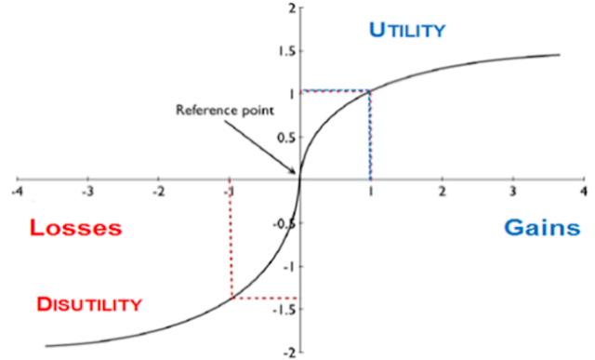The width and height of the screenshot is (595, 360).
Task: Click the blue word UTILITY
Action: point(407,30)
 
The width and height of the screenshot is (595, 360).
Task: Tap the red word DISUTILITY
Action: point(89,304)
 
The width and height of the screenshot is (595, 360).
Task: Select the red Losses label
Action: point(76,228)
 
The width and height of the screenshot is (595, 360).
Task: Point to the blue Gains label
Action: point(542,228)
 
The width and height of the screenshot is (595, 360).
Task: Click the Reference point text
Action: point(225,110)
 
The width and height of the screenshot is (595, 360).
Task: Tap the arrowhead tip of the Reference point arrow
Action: point(297,174)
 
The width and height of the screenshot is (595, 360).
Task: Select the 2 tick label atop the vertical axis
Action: point(292,8)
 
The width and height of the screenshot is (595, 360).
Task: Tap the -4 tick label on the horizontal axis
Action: point(17,193)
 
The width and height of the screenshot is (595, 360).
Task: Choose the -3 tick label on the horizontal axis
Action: point(87,193)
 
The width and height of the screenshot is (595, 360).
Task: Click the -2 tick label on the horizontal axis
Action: point(158,193)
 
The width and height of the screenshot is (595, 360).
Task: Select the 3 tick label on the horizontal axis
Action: point(513,193)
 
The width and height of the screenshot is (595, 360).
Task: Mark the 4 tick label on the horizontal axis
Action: point(584,193)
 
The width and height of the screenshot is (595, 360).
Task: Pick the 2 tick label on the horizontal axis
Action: point(443,193)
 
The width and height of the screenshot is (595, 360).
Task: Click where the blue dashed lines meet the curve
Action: point(370,91)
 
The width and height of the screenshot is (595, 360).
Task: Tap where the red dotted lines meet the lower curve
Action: point(231,298)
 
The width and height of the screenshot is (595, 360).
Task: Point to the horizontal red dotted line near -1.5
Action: point(266,298)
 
